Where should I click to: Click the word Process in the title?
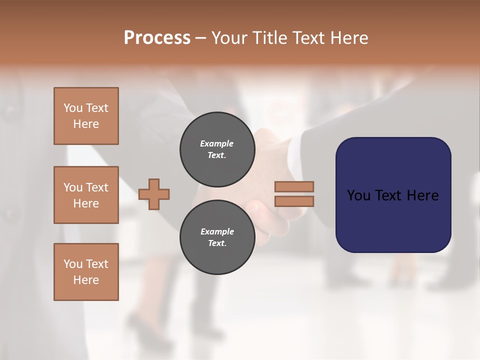(157, 38)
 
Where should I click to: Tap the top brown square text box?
(86, 116)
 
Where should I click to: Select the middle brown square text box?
(86, 195)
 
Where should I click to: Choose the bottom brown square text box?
(86, 272)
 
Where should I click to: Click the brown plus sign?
(154, 194)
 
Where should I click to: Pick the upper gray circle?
(217, 149)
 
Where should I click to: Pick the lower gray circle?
(217, 237)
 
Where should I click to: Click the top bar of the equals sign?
(294, 187)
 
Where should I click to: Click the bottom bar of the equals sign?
(294, 201)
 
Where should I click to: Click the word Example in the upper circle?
(217, 143)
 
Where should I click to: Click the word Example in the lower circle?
(217, 231)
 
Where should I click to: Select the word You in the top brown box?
(73, 108)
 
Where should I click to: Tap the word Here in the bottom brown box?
(86, 280)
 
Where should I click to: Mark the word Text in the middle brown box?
(96, 187)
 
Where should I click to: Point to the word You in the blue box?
(358, 195)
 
